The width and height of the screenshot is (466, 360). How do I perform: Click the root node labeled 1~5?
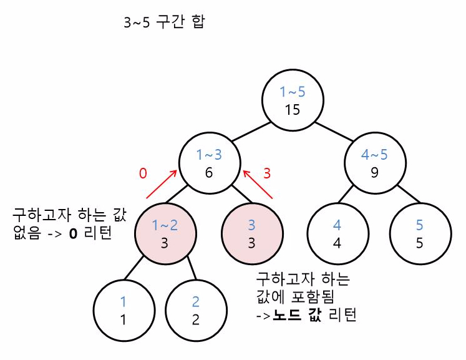tap(293, 102)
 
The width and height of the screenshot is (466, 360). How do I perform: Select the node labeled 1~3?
tap(210, 163)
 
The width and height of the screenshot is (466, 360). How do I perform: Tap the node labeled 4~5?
tap(374, 163)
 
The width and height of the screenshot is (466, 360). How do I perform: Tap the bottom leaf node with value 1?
tap(124, 311)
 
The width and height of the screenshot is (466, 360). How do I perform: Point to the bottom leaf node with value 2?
tap(196, 311)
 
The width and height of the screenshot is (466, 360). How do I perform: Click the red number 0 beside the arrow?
tap(143, 173)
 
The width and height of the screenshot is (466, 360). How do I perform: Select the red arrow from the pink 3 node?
tap(258, 186)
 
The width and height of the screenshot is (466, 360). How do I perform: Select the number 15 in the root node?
tap(293, 110)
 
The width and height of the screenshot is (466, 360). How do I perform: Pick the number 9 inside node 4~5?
tap(374, 172)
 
